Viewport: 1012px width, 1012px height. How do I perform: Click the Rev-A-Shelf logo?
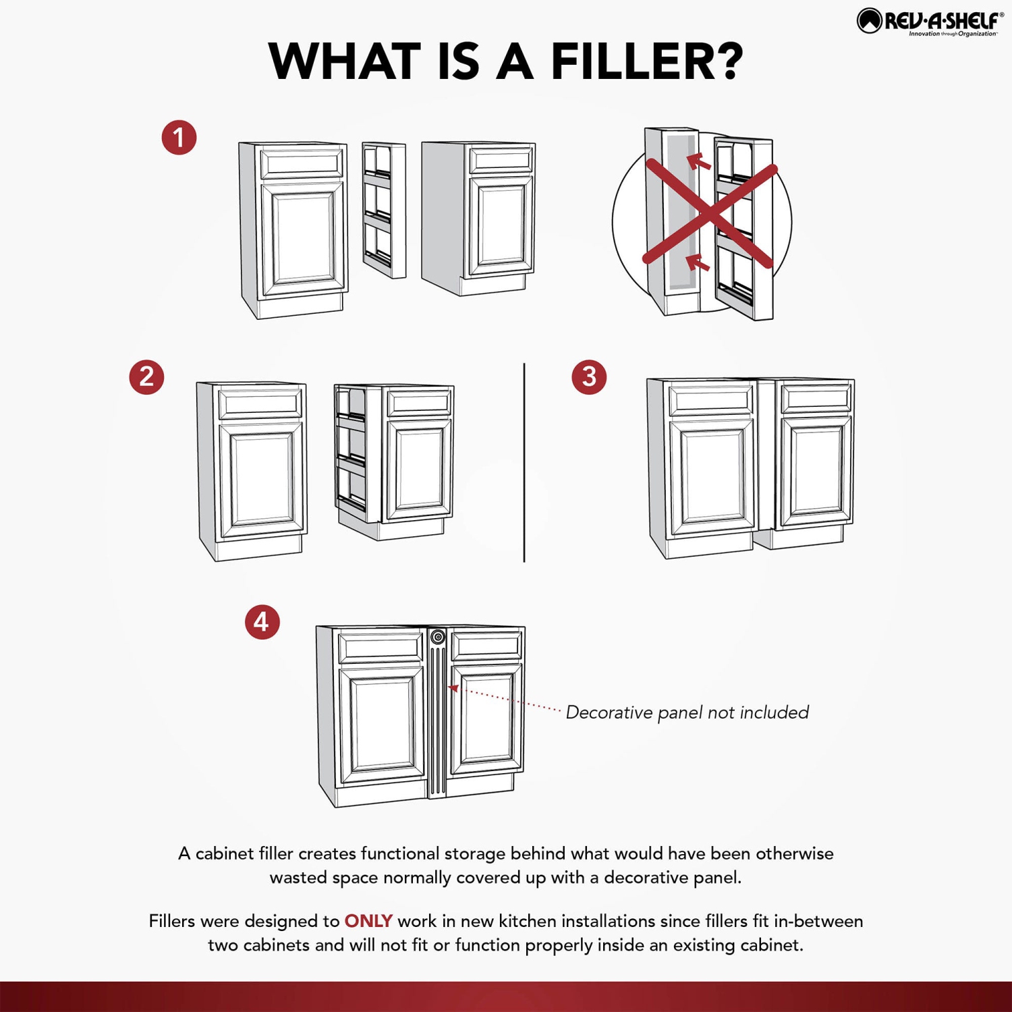[x=930, y=22]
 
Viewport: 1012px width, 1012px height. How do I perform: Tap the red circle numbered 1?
[x=179, y=138]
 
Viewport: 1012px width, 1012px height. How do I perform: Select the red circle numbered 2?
[x=146, y=376]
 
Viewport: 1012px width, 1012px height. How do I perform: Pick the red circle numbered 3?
[x=589, y=376]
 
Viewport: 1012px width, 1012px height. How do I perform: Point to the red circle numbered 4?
[x=262, y=622]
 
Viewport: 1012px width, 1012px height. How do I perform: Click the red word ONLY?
[x=368, y=921]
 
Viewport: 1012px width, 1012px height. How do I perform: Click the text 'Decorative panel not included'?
[x=687, y=712]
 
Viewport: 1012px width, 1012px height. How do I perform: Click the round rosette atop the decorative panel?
[x=438, y=637]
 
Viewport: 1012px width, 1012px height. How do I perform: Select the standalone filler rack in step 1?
[x=384, y=210]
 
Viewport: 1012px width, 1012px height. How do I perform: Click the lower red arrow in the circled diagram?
[x=698, y=262]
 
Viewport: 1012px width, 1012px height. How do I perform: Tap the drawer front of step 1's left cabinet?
[x=302, y=164]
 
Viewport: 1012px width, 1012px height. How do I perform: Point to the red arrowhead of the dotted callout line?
[x=454, y=688]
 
